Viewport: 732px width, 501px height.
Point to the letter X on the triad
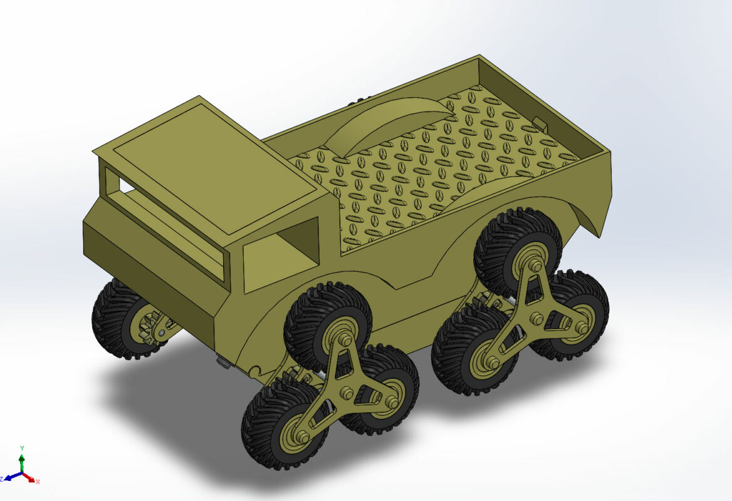click(x=38, y=482)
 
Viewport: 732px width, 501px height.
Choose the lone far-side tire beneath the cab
click(x=116, y=319)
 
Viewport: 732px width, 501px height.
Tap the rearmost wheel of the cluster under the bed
click(x=573, y=313)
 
